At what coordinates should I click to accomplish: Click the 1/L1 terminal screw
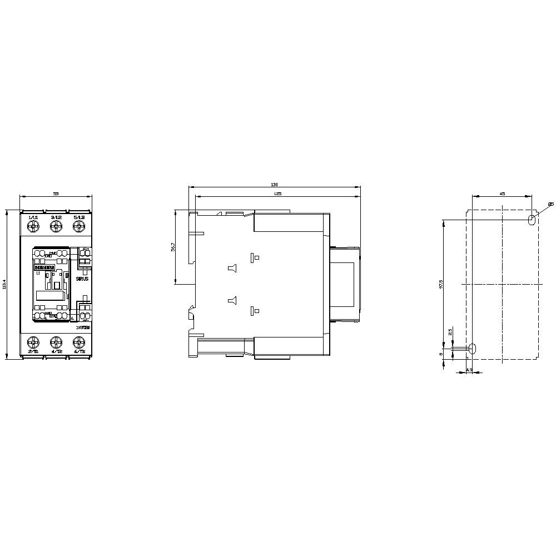tap(33, 226)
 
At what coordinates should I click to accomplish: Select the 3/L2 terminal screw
tap(56, 226)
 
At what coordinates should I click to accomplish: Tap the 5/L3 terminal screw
tap(78, 226)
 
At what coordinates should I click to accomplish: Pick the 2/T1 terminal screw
tap(33, 341)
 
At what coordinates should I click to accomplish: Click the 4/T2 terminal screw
tap(56, 341)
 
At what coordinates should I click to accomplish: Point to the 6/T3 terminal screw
tap(78, 341)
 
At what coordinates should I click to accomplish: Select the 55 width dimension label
tap(56, 193)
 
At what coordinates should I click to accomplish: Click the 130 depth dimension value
tap(274, 185)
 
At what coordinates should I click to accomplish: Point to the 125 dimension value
tap(277, 193)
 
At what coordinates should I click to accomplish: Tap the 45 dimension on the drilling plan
tap(502, 193)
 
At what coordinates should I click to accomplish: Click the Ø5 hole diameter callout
tap(550, 205)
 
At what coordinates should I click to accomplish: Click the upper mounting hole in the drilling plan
tap(531, 220)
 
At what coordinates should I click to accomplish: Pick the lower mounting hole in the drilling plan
tap(473, 349)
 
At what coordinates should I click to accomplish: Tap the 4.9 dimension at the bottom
tap(469, 370)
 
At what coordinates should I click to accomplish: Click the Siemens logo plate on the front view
tap(44, 267)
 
